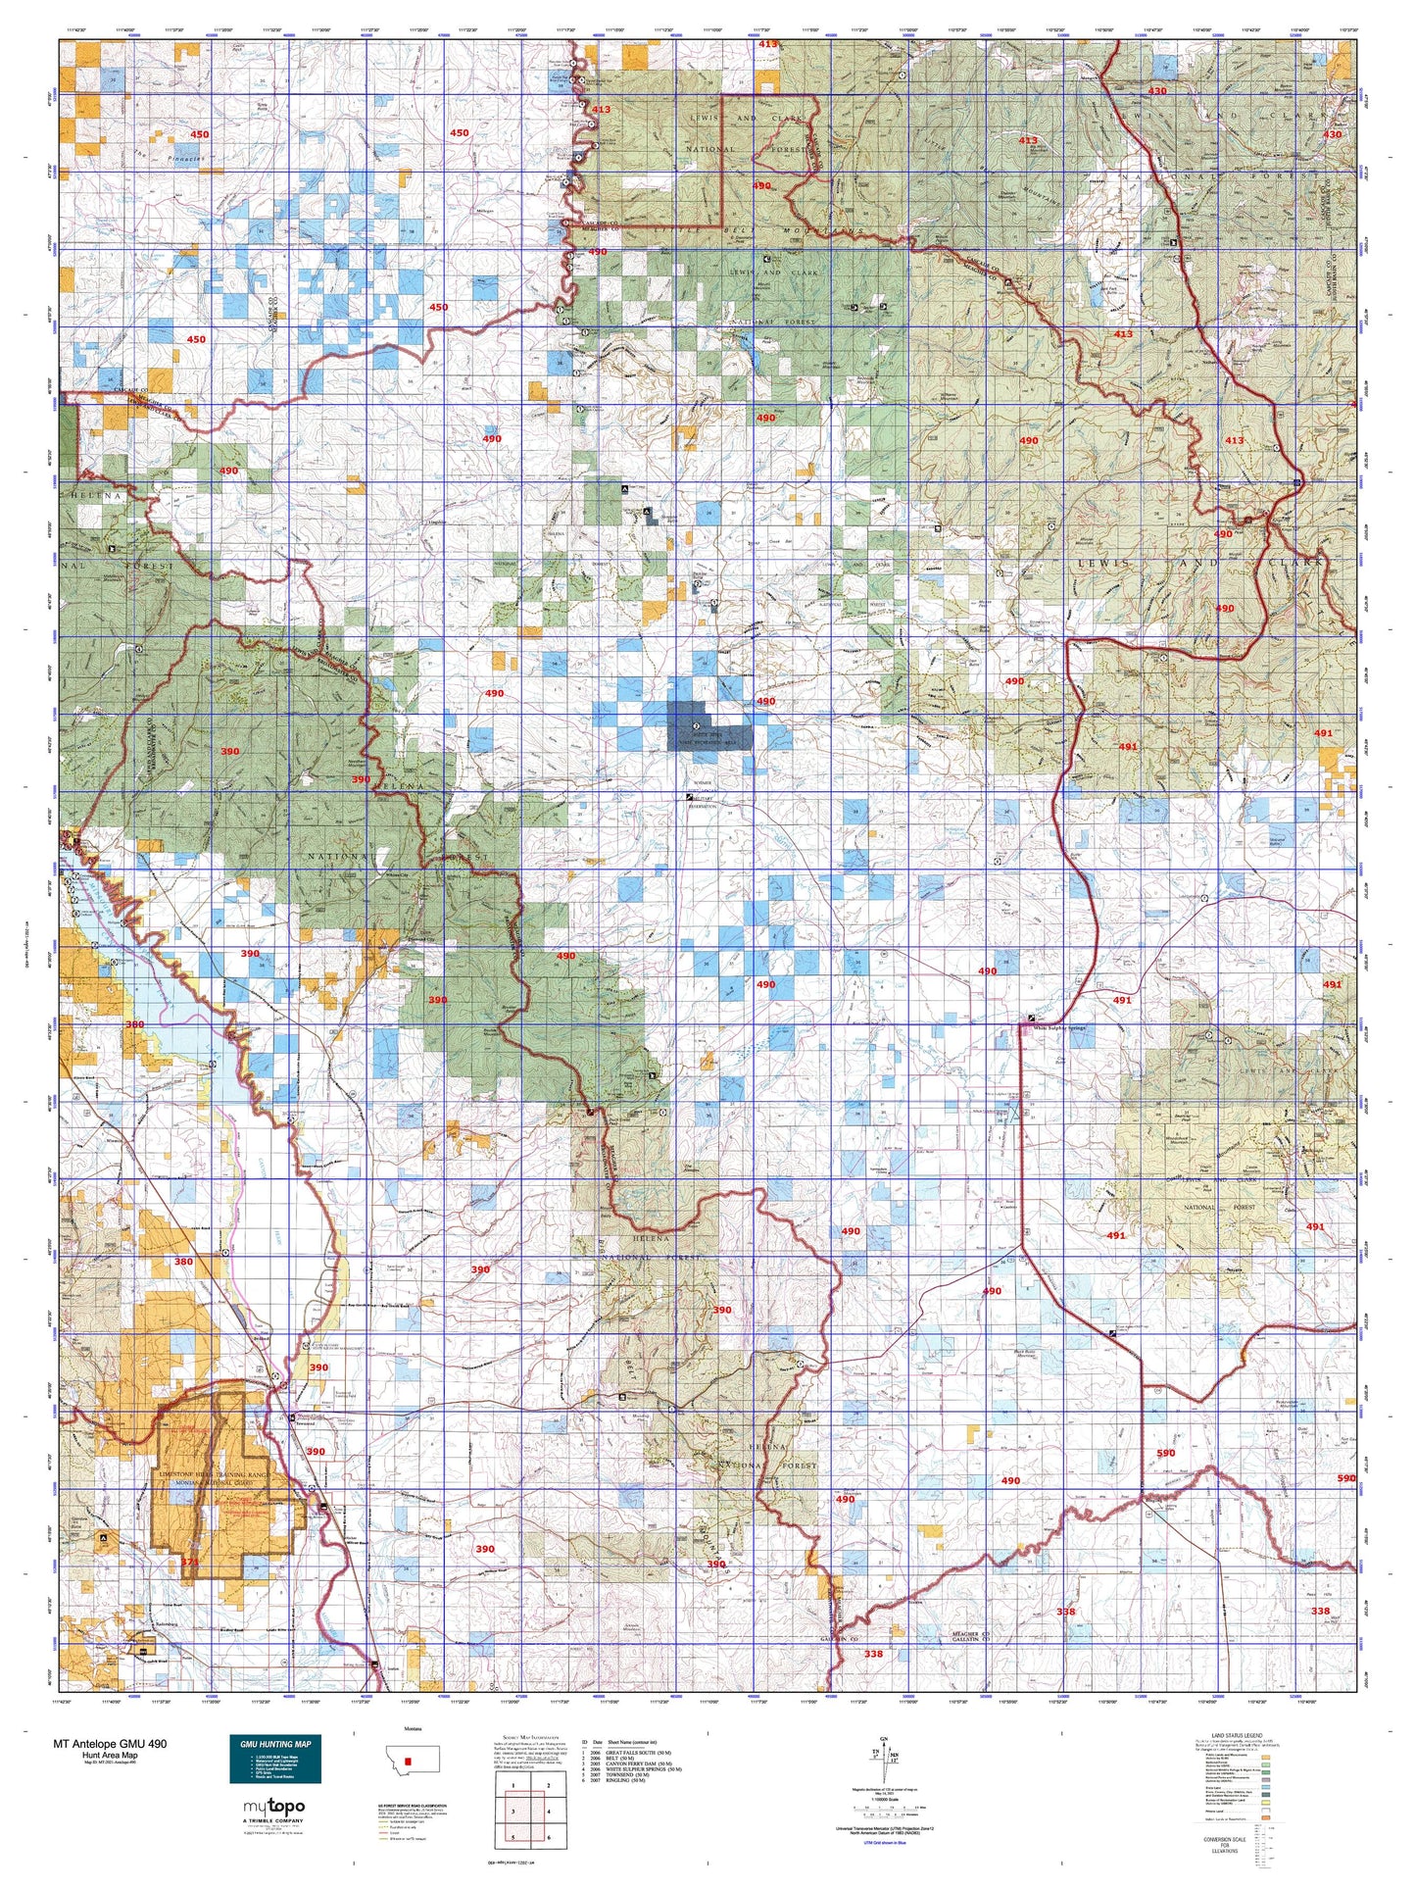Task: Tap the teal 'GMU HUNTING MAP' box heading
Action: coord(274,1744)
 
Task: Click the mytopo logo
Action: coord(273,1807)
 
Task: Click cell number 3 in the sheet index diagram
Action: coord(513,1812)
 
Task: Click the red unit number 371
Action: coord(190,1562)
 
